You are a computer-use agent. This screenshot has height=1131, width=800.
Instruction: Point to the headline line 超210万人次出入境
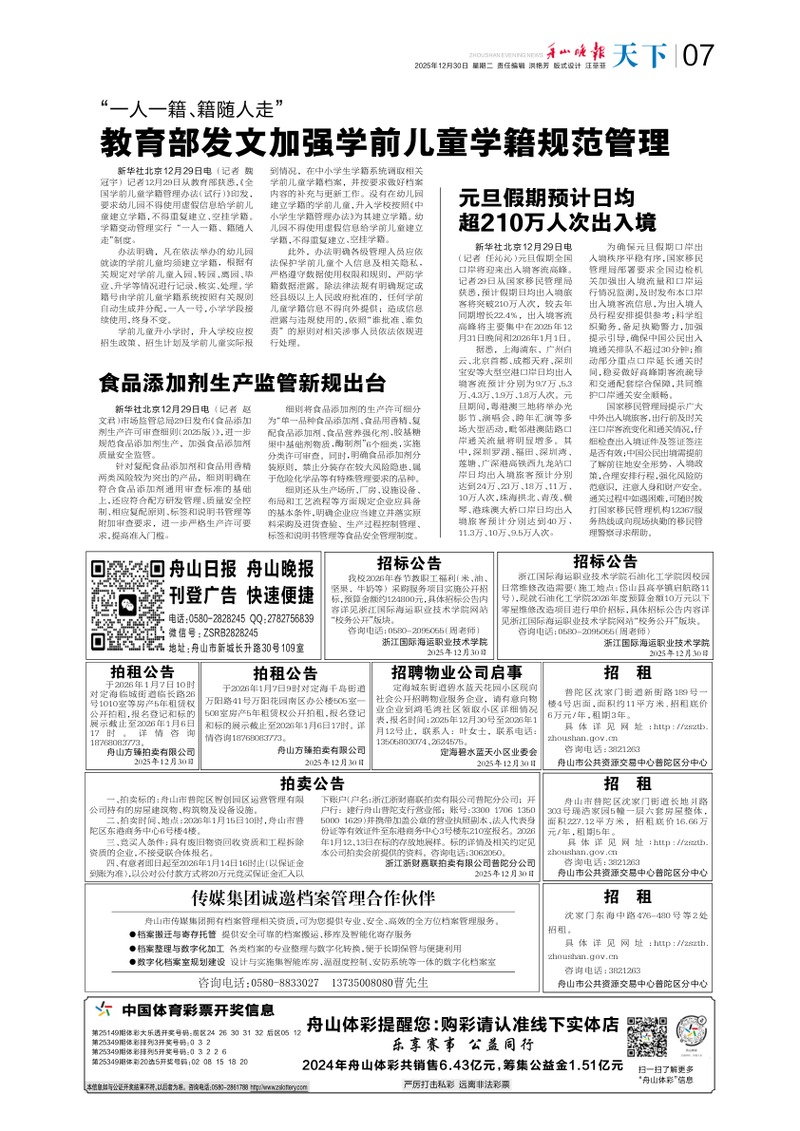(558, 222)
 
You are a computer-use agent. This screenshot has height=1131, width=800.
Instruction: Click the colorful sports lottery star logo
(106, 1009)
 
